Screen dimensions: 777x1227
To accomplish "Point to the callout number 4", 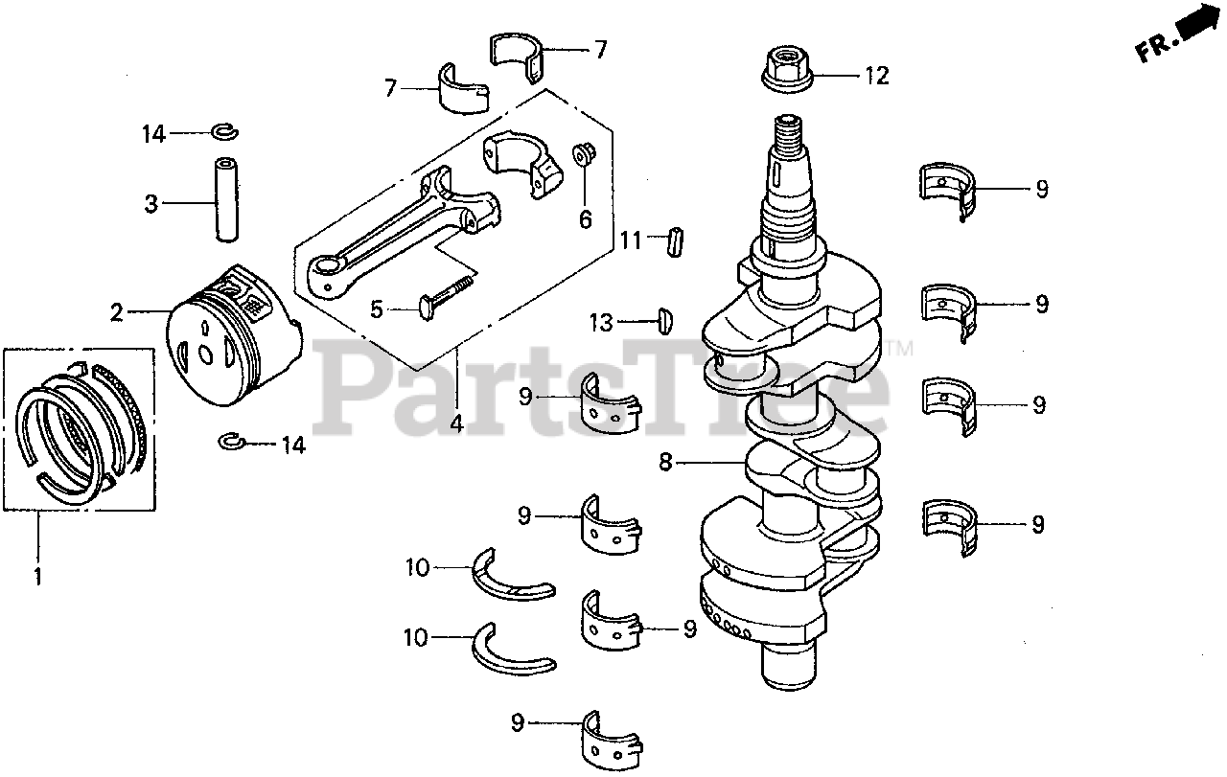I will [456, 423].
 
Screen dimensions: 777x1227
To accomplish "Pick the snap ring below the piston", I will [230, 441].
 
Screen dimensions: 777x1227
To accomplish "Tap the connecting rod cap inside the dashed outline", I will [522, 163].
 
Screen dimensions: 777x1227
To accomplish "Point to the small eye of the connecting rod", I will [327, 271].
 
